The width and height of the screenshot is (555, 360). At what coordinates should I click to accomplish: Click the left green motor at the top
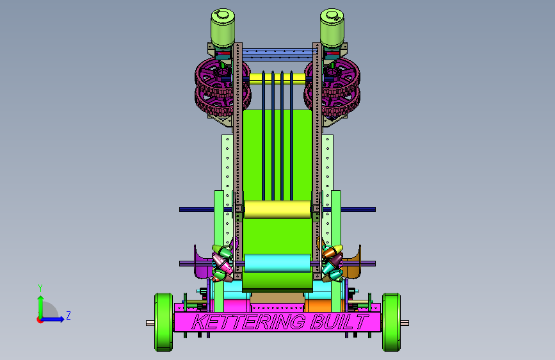tap(223, 28)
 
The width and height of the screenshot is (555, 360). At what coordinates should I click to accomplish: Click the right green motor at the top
tap(332, 28)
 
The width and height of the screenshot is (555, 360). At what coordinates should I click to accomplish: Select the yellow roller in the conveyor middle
tap(278, 209)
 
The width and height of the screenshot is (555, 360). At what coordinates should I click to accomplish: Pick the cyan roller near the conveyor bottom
tap(278, 263)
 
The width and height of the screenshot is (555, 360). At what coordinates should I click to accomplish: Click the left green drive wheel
tap(163, 322)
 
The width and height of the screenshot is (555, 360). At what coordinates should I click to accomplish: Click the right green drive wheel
tap(392, 322)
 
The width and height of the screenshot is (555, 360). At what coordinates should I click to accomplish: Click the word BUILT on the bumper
tap(339, 322)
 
